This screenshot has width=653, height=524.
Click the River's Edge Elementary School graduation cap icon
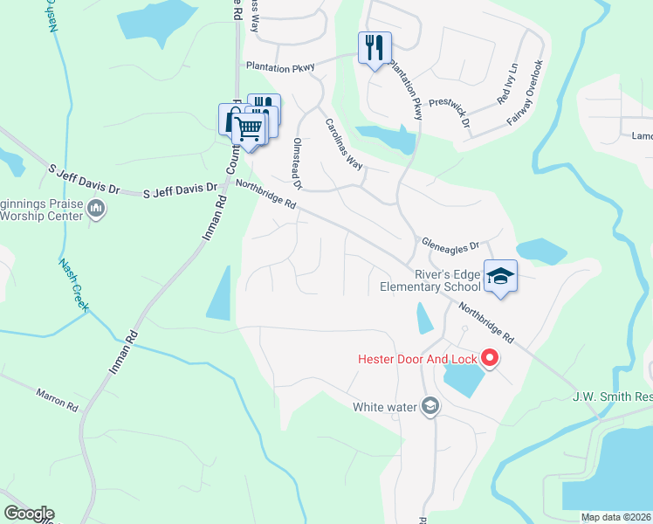click(x=500, y=276)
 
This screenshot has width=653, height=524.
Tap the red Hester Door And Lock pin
click(x=490, y=358)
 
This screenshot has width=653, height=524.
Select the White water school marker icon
click(x=430, y=405)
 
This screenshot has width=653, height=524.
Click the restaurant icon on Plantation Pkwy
click(x=375, y=47)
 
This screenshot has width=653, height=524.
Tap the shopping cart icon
click(x=250, y=130)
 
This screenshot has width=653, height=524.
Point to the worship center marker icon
click(x=96, y=209)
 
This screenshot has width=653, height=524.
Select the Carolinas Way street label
click(x=344, y=144)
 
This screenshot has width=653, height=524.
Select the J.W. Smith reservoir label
click(x=612, y=398)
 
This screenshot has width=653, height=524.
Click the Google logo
click(x=29, y=514)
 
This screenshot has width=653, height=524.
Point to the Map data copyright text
click(x=616, y=517)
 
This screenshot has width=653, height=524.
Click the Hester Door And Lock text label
click(x=417, y=358)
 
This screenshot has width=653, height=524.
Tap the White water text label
click(x=385, y=406)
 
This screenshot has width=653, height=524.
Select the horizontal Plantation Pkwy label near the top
click(x=278, y=65)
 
